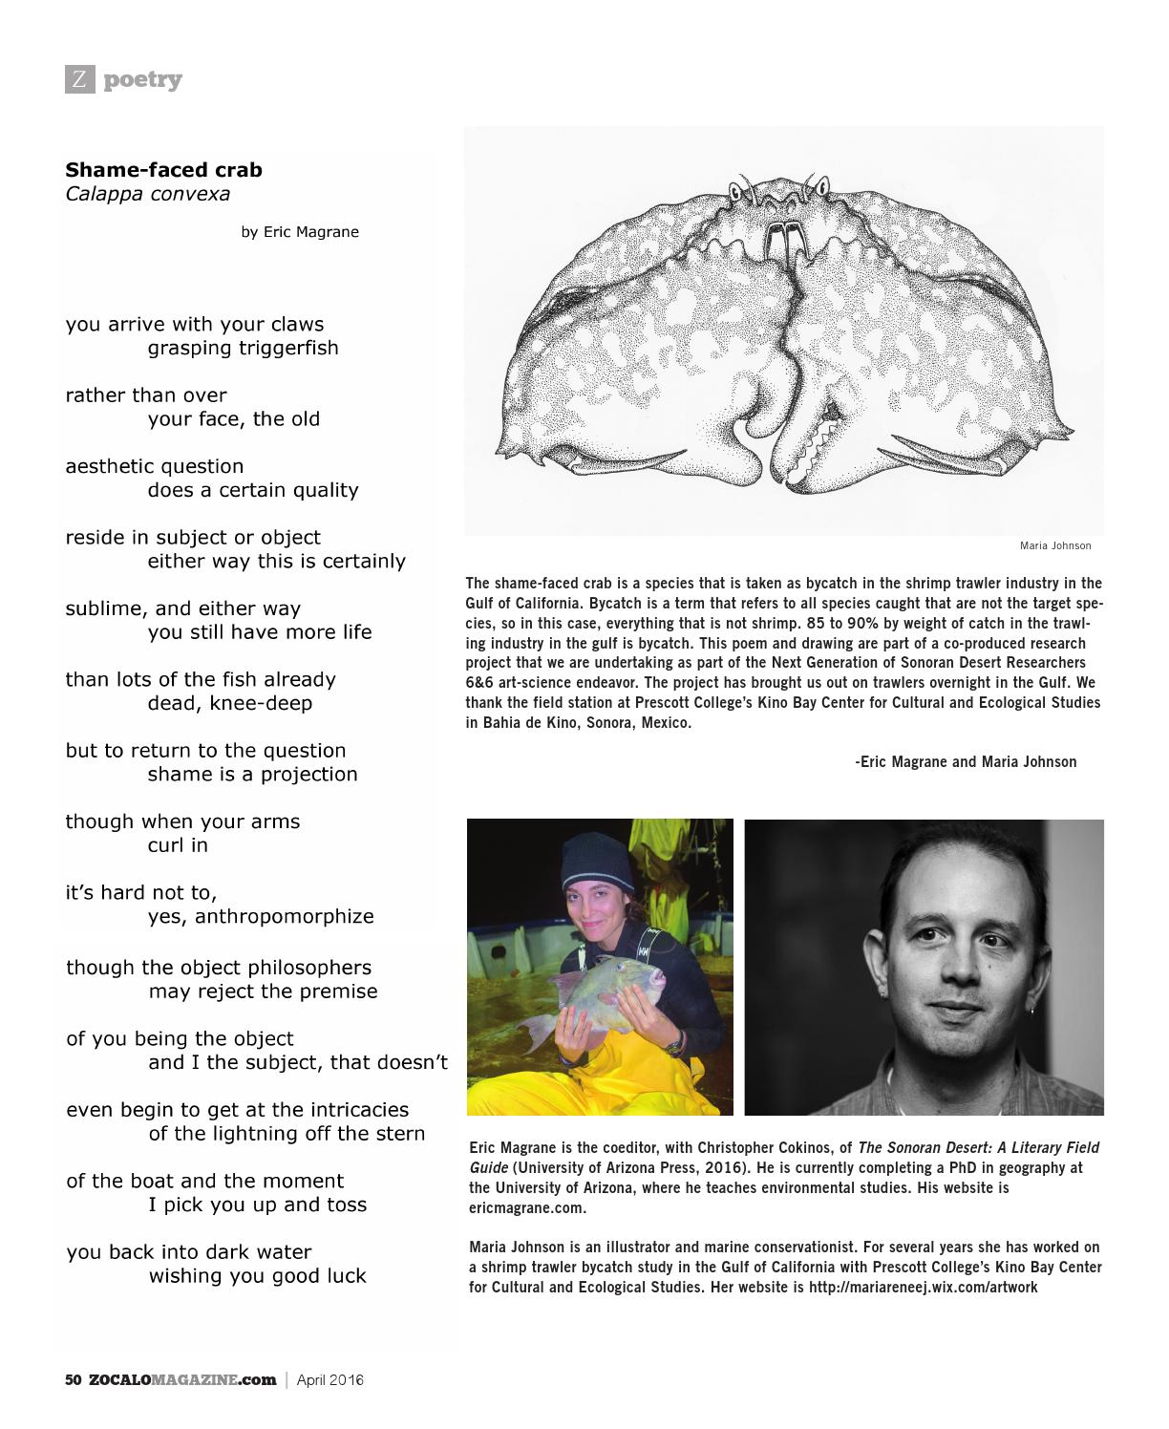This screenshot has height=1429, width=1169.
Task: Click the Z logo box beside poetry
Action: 79,79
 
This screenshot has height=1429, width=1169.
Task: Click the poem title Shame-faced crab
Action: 163,170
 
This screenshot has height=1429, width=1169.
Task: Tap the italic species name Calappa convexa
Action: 147,194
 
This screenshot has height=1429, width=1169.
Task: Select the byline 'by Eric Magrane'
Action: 300,232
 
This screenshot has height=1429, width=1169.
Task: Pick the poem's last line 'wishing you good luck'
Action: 257,1276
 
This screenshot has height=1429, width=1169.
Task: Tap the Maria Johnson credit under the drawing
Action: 1054,545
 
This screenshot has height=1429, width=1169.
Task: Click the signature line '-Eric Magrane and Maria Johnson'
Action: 966,761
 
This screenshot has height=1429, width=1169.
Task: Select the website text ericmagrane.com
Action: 527,1207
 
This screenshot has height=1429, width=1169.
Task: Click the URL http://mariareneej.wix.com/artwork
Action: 923,1287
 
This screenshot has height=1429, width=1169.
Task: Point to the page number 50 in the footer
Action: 74,1379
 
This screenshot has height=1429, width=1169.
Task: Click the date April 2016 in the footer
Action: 329,1379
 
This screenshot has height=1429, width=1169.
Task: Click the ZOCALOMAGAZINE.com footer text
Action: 182,1379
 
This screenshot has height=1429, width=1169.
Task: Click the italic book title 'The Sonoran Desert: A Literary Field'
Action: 978,1147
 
